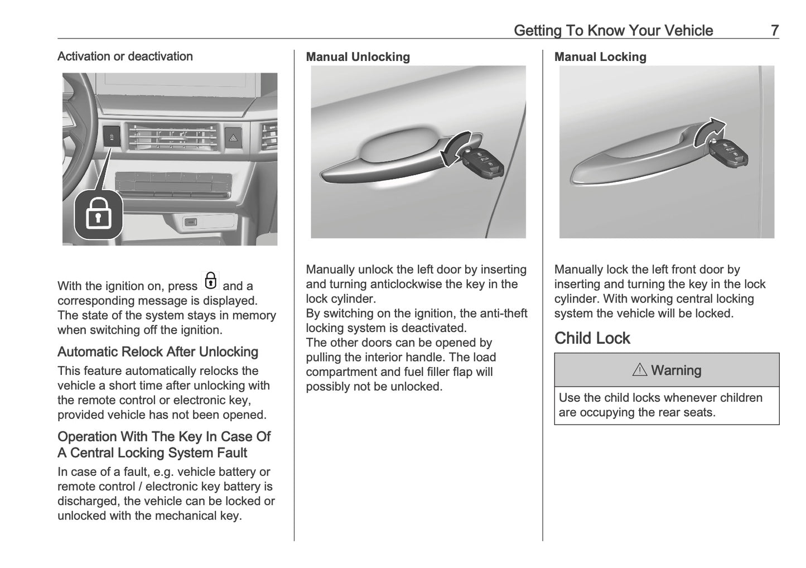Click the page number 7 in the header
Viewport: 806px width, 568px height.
click(774, 30)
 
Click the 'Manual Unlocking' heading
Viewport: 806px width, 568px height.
click(358, 57)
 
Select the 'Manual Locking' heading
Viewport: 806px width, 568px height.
click(600, 57)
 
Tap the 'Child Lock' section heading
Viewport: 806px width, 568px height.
click(592, 338)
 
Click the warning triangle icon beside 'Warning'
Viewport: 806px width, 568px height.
click(639, 370)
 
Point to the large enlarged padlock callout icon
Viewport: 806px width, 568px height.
click(99, 215)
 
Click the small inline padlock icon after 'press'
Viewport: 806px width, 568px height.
click(210, 281)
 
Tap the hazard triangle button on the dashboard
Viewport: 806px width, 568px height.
click(232, 136)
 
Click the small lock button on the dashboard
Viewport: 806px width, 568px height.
click(112, 136)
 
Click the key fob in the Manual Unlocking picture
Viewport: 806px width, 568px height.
click(482, 165)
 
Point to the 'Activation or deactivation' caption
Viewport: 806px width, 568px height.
click(125, 56)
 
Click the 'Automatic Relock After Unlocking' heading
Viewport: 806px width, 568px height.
click(158, 352)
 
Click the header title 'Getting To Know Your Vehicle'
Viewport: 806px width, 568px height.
click(613, 30)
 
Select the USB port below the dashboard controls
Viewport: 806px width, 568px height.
click(190, 223)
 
